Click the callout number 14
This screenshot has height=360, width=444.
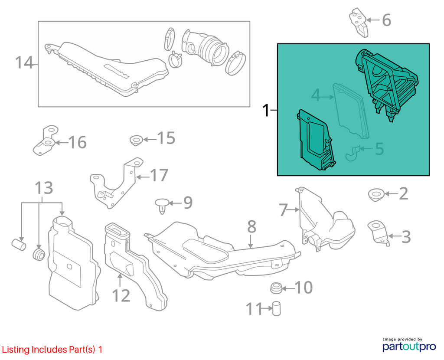click(x=24, y=62)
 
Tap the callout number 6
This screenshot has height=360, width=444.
click(x=386, y=20)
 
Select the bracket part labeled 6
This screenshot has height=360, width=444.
click(x=359, y=23)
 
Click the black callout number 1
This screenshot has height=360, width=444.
click(x=266, y=110)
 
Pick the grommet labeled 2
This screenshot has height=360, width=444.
click(x=376, y=195)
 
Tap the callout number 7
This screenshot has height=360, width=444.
click(x=284, y=210)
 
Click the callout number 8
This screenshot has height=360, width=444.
click(x=252, y=226)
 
